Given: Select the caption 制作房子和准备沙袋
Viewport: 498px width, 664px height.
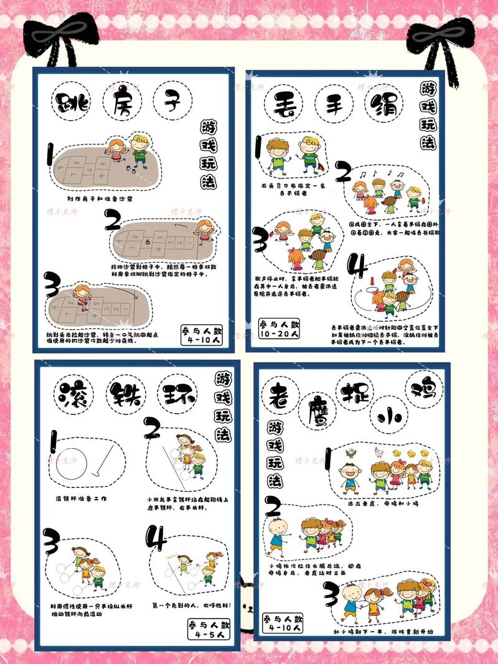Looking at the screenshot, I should (x=100, y=199).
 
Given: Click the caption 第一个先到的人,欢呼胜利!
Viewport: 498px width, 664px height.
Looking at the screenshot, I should (x=192, y=604).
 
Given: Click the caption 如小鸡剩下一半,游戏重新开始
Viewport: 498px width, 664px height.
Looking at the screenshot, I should (x=382, y=632).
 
